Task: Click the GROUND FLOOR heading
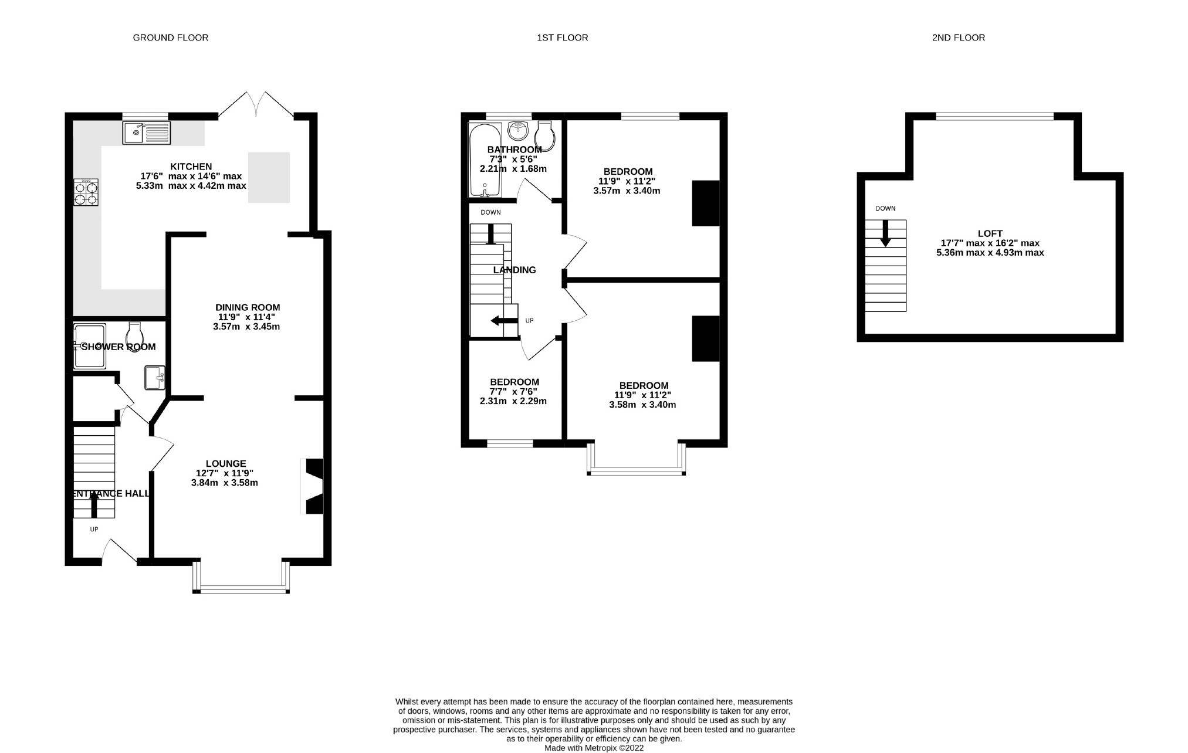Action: click(x=170, y=38)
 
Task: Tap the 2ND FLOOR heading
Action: click(x=958, y=38)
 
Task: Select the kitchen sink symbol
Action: click(x=146, y=133)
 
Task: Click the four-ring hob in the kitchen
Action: click(x=86, y=192)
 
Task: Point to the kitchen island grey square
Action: click(x=269, y=177)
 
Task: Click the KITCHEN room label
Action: click(x=191, y=167)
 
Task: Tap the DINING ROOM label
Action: click(x=247, y=307)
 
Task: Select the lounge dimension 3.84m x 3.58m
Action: click(x=224, y=483)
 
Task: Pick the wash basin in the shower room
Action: click(x=154, y=377)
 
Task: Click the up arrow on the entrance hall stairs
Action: click(x=94, y=504)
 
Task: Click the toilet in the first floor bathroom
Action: click(x=545, y=135)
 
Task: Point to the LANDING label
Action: click(x=514, y=270)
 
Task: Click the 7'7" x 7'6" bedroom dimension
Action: click(x=513, y=392)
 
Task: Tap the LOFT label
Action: click(x=990, y=233)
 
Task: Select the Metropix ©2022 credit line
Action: click(x=594, y=748)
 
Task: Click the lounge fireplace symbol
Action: click(x=313, y=486)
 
